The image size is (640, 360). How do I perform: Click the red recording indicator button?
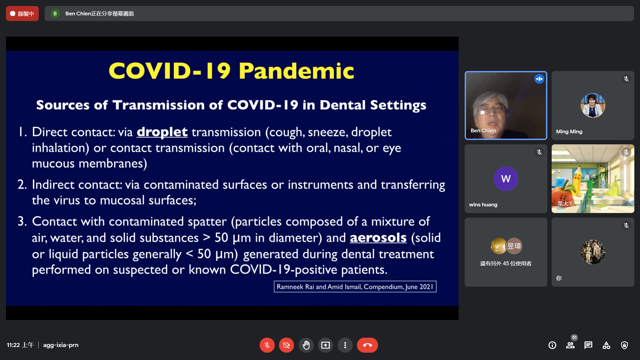point(22,14)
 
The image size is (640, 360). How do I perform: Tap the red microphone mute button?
point(267,345)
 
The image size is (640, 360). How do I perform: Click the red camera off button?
point(286,345)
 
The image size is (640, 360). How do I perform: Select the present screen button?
point(325,345)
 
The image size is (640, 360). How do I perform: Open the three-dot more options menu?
point(345,345)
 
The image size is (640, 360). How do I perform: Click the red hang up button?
point(367,345)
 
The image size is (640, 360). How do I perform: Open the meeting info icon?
point(552,345)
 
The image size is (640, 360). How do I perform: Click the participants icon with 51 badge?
point(570,345)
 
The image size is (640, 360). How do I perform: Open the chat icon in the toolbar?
point(588,345)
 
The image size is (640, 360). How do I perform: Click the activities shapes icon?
point(606,345)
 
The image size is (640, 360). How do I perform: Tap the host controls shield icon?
point(624,345)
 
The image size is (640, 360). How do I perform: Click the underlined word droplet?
point(162,132)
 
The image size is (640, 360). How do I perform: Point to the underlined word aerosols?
point(378,238)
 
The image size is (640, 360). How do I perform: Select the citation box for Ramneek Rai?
point(355,287)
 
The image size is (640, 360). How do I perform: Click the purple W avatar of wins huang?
point(506,179)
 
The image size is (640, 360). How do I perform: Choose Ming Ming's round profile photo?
point(593,105)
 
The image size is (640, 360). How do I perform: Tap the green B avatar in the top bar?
point(55,14)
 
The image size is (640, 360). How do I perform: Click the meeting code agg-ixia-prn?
point(61,345)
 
